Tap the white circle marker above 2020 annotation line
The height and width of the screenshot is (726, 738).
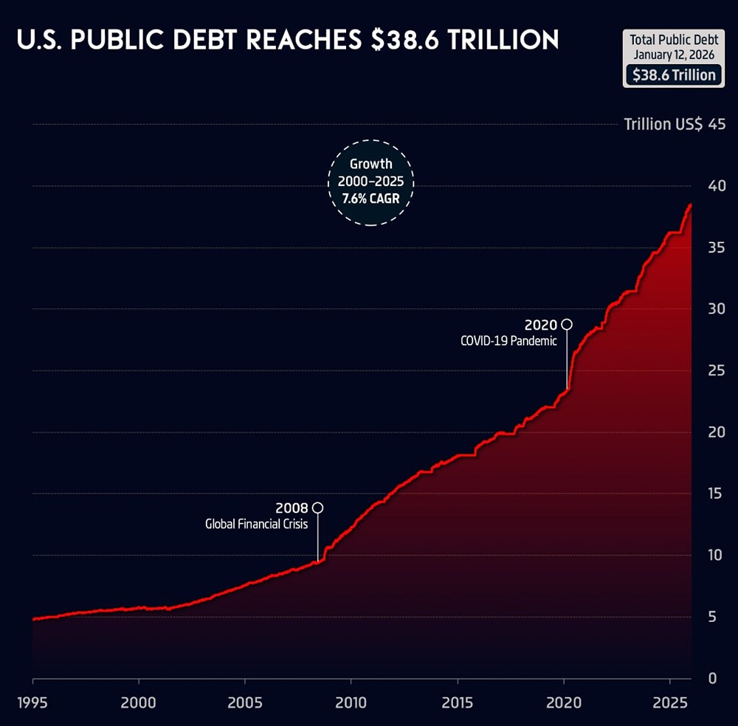click(567, 324)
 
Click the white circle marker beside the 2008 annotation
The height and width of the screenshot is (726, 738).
click(318, 508)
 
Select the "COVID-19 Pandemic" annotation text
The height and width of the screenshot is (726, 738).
click(508, 341)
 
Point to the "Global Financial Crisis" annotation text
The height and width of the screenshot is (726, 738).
click(256, 525)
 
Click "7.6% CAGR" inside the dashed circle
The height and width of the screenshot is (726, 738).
click(371, 198)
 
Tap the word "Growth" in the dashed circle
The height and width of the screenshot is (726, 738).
click(371, 164)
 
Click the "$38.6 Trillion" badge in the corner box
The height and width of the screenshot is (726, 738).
click(674, 75)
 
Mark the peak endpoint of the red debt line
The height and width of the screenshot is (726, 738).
click(691, 204)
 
